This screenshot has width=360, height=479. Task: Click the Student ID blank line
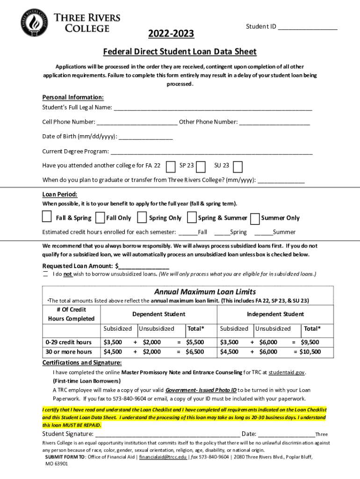click(307, 27)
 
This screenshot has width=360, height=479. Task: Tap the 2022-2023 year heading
click(171, 34)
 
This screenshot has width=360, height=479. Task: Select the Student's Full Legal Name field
click(213, 108)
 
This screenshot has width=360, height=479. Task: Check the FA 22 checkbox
click(171, 166)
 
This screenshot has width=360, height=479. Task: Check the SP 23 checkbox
click(201, 166)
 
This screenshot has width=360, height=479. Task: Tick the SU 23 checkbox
click(238, 166)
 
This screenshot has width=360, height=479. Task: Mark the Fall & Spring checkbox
click(47, 217)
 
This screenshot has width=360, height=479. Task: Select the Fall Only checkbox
click(100, 218)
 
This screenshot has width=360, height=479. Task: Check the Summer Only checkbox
click(255, 218)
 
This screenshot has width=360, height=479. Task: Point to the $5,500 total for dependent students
click(195, 342)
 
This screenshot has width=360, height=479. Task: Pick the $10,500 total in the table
click(310, 352)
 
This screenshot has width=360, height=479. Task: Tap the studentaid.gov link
click(287, 372)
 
